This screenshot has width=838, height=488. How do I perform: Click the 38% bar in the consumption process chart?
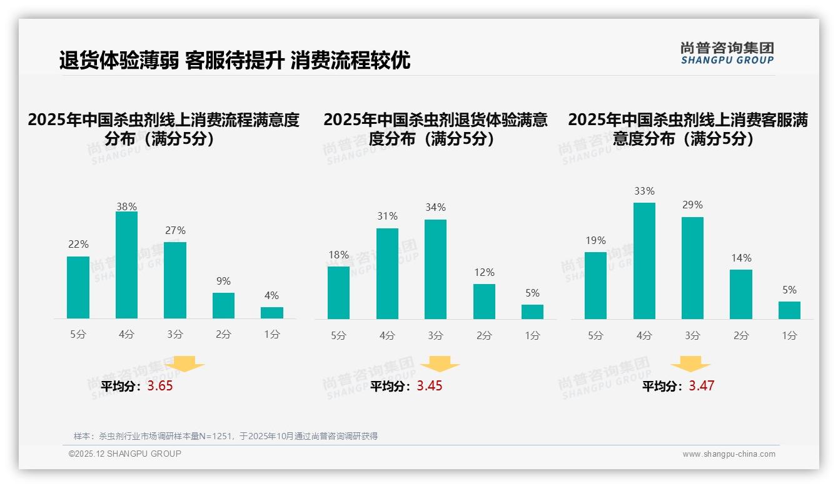tap(126, 265)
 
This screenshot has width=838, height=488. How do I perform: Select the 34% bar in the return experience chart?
tap(435, 269)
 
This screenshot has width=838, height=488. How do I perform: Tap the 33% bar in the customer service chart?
tap(644, 261)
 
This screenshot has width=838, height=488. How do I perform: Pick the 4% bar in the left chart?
tap(271, 313)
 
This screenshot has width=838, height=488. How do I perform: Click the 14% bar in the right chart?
tap(740, 294)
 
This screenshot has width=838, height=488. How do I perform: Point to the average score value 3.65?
tap(160, 386)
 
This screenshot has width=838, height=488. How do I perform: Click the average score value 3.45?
tap(430, 386)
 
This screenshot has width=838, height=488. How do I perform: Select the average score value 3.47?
tap(701, 386)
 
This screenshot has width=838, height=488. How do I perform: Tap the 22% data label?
tap(78, 244)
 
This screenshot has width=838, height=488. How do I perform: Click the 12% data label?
tap(484, 272)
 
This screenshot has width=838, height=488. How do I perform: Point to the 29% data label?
tap(692, 205)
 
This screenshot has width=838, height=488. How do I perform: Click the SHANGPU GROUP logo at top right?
tap(727, 53)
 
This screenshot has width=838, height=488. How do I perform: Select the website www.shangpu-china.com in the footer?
tap(729, 454)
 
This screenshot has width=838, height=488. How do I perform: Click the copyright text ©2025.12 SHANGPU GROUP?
tap(125, 454)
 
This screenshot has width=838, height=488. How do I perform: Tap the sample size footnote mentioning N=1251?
tap(226, 436)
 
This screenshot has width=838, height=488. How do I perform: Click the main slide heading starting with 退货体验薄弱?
tap(235, 61)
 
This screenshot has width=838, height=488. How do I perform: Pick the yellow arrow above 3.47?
tap(690, 365)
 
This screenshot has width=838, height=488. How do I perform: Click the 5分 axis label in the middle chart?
tap(338, 335)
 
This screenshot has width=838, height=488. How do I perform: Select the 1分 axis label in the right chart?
tap(789, 335)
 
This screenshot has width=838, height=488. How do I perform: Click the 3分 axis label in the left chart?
tap(175, 335)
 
